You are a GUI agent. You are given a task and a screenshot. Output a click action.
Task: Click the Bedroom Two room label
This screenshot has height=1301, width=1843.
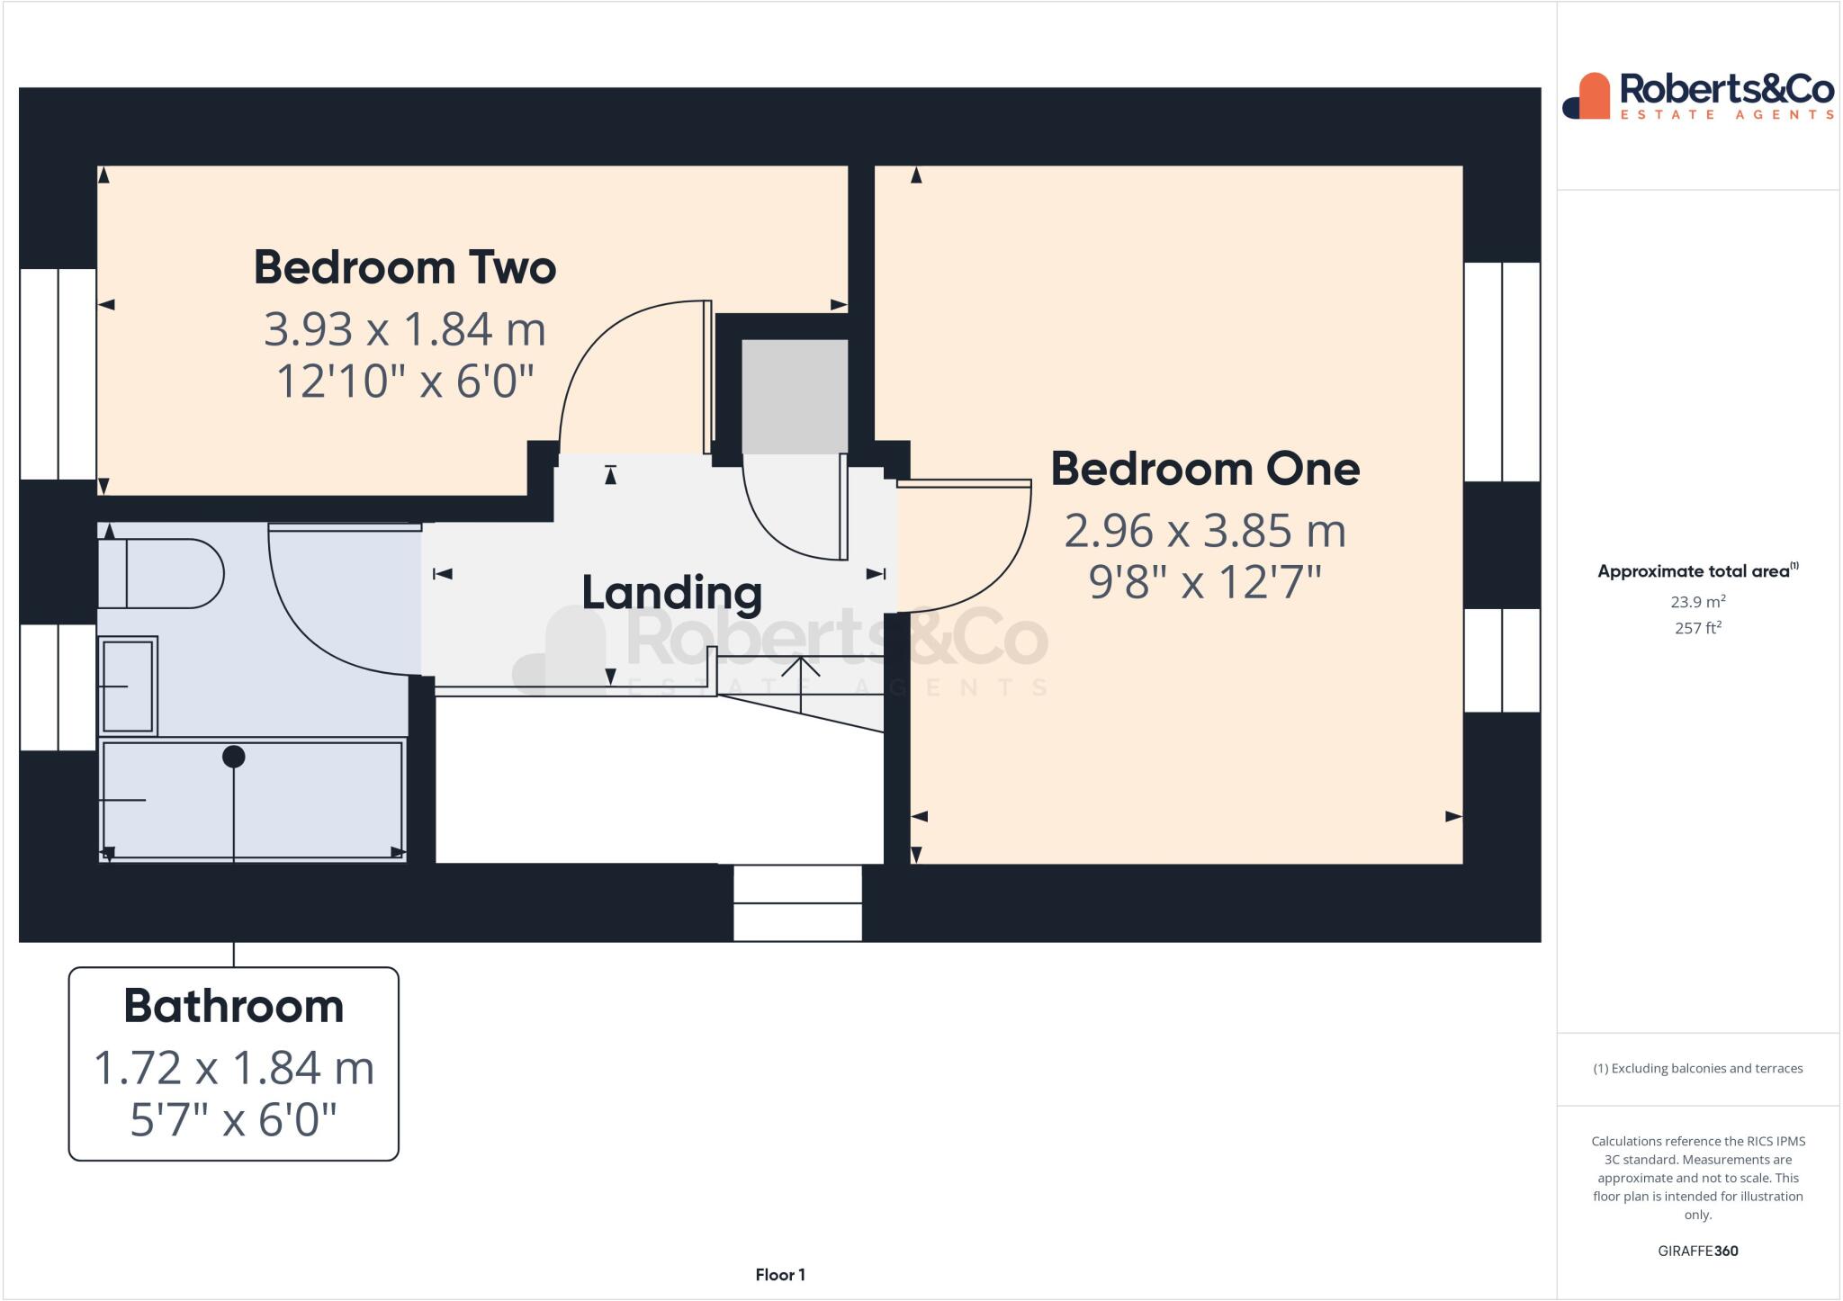click(405, 267)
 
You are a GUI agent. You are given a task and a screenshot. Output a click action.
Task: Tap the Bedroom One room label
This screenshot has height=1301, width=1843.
click(1205, 469)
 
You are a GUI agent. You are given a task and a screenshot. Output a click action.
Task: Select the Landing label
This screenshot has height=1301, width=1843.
click(671, 592)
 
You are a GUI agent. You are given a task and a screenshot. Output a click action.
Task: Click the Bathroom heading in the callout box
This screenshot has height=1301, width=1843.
click(234, 1006)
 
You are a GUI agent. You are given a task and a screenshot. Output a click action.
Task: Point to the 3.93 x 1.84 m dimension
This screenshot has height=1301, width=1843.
click(405, 329)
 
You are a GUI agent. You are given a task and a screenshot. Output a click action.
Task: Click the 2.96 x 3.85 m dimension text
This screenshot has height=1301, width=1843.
click(1205, 531)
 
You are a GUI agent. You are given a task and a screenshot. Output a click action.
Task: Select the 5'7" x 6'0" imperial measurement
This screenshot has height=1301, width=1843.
click(234, 1120)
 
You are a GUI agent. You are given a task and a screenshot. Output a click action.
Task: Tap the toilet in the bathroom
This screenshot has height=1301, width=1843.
click(162, 573)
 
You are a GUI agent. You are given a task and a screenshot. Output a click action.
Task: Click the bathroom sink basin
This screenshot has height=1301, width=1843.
click(128, 686)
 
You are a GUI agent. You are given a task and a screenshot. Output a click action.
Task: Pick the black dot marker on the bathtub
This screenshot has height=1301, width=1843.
click(234, 757)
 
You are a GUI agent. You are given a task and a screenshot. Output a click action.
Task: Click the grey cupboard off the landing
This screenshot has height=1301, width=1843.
click(794, 396)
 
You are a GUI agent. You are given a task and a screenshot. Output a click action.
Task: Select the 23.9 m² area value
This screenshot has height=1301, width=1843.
click(1697, 602)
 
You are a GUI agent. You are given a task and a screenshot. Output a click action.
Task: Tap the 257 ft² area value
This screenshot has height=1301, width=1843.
click(1697, 628)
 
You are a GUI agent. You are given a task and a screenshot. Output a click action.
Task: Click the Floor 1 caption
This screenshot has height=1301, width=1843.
click(780, 1274)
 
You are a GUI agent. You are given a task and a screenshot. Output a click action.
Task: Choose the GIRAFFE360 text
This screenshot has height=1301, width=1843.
click(1697, 1251)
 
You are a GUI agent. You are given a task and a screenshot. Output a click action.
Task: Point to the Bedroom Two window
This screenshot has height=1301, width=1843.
click(58, 373)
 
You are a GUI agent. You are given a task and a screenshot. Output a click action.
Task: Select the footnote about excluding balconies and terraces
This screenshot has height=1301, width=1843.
click(1697, 1069)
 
